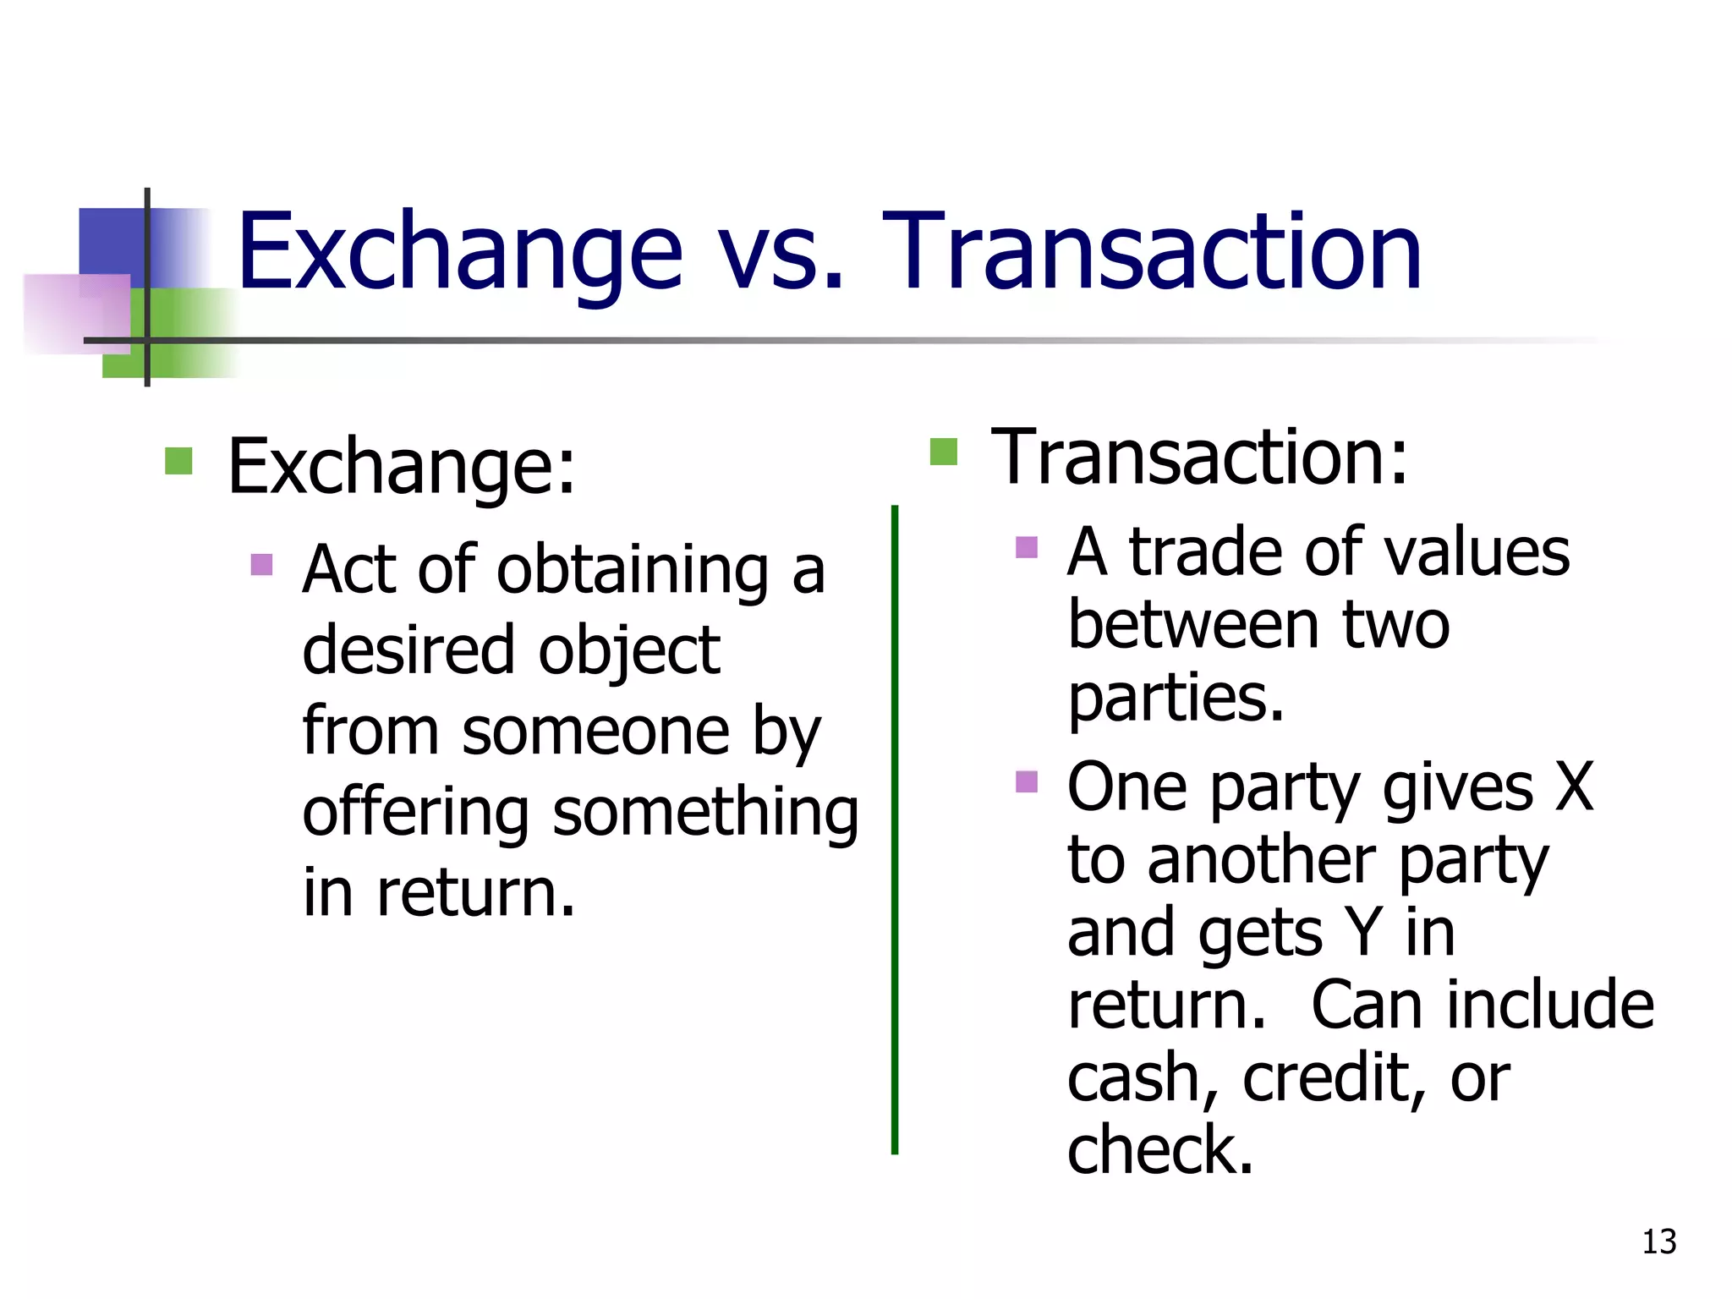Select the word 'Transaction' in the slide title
click(1151, 252)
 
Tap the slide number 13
click(1658, 1241)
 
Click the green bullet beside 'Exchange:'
click(178, 461)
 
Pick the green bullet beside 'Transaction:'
click(943, 452)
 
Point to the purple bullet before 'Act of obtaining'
click(262, 564)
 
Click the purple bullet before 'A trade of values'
click(1027, 547)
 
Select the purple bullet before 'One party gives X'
click(1027, 781)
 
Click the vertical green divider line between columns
click(895, 829)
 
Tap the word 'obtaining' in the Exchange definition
click(633, 570)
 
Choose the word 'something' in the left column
click(705, 812)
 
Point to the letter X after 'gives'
click(1575, 787)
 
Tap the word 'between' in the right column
click(1192, 626)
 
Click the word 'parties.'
click(1176, 699)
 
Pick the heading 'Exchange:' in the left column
click(402, 467)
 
